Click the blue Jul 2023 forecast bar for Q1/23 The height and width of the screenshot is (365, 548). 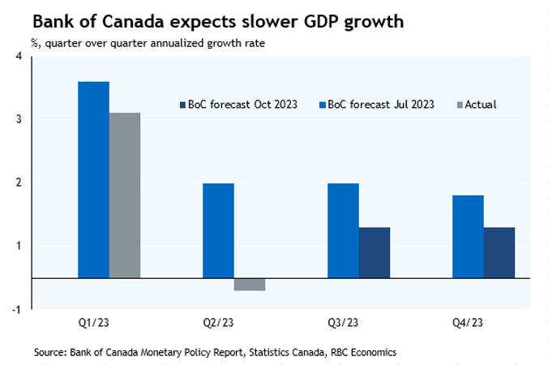pos(93,179)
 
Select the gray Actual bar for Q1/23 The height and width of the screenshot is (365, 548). pos(125,195)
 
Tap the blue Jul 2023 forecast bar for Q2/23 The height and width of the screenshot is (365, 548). pos(218,230)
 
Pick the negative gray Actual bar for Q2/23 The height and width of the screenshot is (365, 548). pos(249,284)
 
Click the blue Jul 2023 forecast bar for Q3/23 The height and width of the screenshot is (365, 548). pos(343,230)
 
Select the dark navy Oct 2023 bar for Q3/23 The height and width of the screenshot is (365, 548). pos(374,252)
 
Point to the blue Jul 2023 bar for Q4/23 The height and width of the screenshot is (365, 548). pos(468,236)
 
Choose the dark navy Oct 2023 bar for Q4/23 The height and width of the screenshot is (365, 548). pos(499,252)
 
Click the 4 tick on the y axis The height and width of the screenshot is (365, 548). pos(19,56)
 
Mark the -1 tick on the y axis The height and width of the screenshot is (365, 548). pos(17,309)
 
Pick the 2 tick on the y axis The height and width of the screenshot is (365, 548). pos(19,182)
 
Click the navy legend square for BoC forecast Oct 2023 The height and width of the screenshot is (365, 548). pos(182,105)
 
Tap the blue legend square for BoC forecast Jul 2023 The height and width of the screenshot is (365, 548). pos(323,105)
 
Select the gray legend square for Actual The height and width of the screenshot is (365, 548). pos(460,105)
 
